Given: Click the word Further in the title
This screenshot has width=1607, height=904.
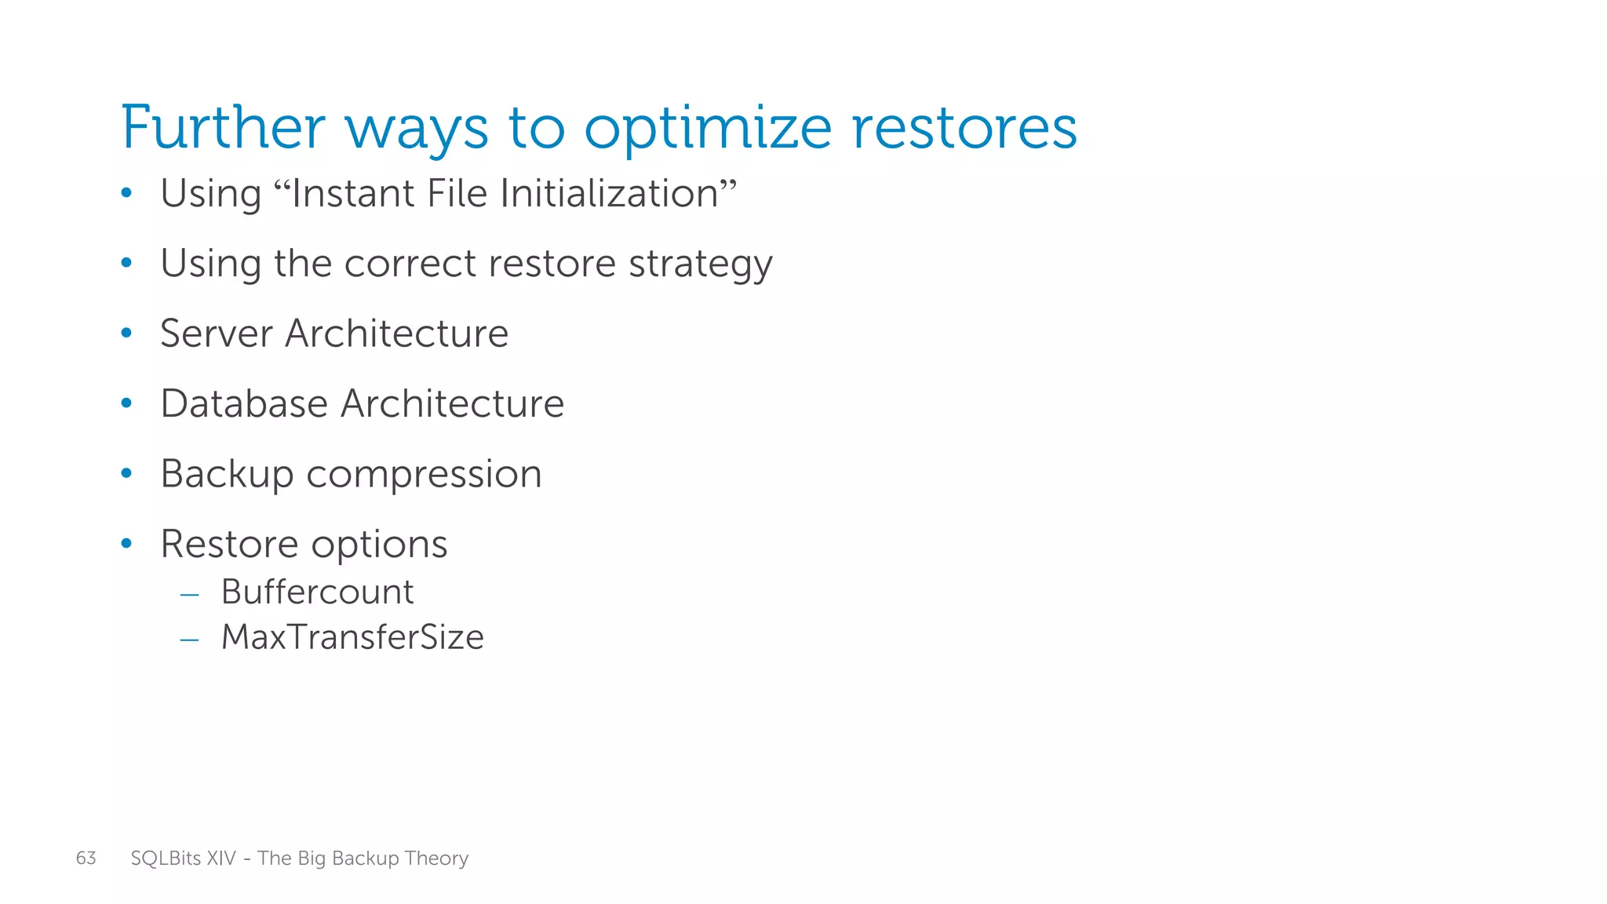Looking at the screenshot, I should tap(223, 127).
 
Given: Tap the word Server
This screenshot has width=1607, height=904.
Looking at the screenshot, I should tap(216, 333).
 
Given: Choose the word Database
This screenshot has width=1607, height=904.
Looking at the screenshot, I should tap(244, 403).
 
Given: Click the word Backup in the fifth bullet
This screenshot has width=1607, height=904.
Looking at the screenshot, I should tap(227, 475).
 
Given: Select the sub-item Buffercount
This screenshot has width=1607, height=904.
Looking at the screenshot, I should tap(317, 592).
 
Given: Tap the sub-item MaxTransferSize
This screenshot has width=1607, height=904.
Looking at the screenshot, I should tap(352, 637).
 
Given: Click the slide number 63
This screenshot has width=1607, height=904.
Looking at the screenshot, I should tap(86, 858).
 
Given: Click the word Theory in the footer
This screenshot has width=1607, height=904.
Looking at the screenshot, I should tap(437, 858).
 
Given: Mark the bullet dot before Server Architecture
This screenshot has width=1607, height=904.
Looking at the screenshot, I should tap(126, 334).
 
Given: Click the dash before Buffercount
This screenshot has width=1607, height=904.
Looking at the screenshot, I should tap(189, 595).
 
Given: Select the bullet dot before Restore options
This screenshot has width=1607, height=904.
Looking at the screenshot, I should tap(126, 544).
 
